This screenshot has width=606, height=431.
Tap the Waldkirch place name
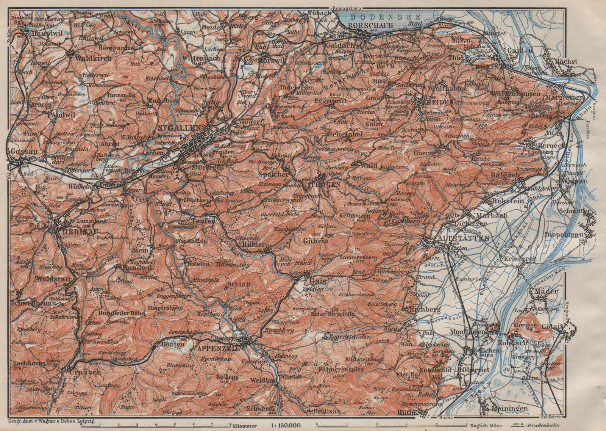coord(93,58)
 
